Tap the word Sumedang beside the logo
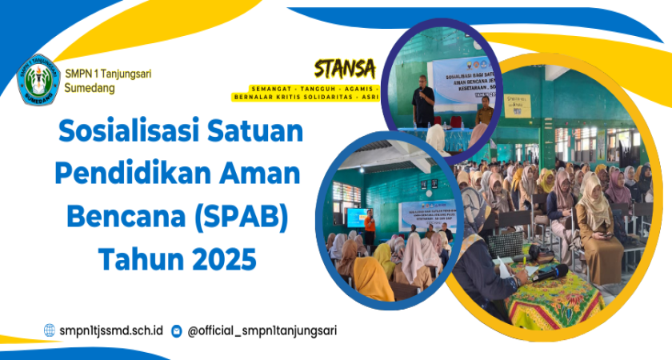90,88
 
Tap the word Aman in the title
263,174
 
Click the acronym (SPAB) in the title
247,216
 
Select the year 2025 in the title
218,258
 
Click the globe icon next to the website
50,330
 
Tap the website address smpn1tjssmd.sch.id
111,330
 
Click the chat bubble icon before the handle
177,330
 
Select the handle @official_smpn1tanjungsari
262,330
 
